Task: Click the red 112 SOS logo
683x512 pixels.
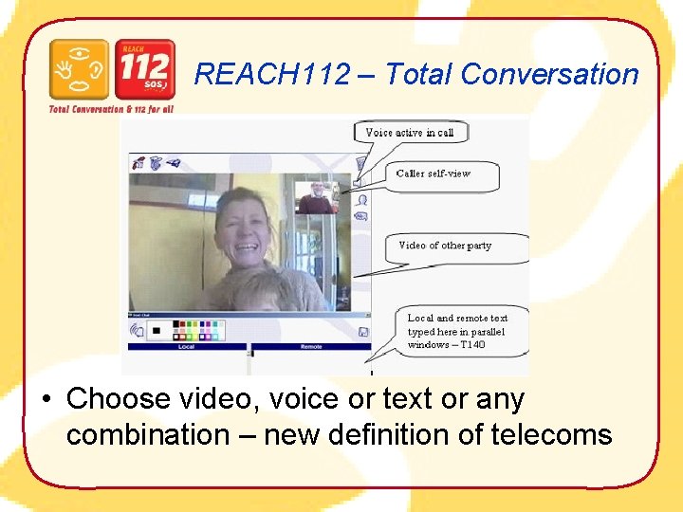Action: [x=144, y=69]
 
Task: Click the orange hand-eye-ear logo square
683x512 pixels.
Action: [x=79, y=69]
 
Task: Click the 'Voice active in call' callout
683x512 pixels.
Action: [x=410, y=133]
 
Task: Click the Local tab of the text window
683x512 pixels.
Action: [x=186, y=347]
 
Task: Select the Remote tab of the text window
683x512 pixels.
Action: [x=311, y=347]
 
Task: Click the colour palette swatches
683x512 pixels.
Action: [x=199, y=330]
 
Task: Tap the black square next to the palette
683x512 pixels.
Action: [x=156, y=331]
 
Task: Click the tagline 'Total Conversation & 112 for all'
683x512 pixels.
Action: [x=112, y=109]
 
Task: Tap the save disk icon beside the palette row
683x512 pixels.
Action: [x=363, y=331]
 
